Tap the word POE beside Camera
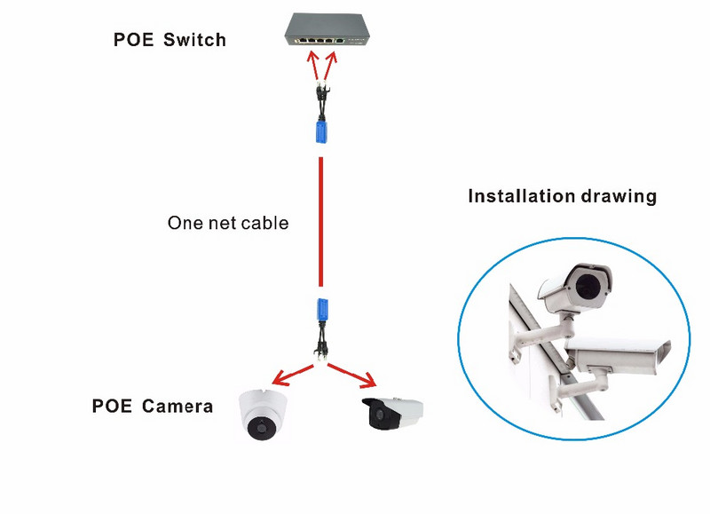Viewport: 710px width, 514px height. [111, 407]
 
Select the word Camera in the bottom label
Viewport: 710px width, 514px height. [175, 407]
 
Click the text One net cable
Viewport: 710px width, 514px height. [228, 223]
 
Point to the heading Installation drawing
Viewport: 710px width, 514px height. [562, 196]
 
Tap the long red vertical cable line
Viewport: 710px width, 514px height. [319, 222]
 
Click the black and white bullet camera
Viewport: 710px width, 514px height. [391, 414]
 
